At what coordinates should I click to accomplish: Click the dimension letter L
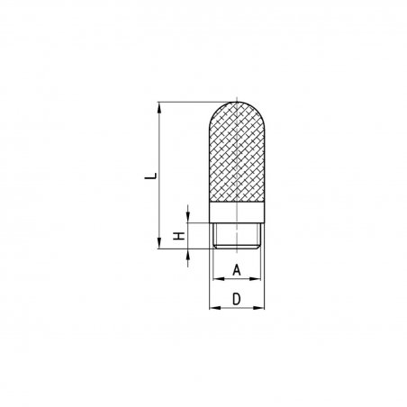(x=151, y=176)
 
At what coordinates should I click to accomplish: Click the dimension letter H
(x=179, y=236)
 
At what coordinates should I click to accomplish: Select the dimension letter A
(x=237, y=270)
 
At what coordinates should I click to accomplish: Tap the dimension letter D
(x=237, y=299)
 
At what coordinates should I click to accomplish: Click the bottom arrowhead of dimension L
(x=159, y=243)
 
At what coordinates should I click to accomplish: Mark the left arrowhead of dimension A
(x=219, y=279)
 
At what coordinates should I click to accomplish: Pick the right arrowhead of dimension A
(x=255, y=279)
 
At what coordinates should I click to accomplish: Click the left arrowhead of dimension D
(x=215, y=308)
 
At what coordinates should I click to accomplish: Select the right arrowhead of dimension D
(x=258, y=308)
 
